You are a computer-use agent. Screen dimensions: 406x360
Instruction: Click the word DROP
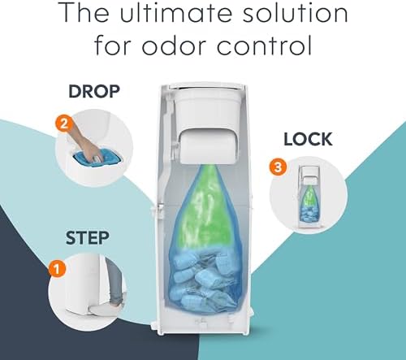pyautogui.click(x=94, y=92)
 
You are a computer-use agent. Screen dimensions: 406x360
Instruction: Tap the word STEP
pyautogui.click(x=87, y=238)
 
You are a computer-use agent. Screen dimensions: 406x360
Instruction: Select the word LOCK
pyautogui.click(x=308, y=139)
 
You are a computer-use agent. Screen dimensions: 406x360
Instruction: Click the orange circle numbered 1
pyautogui.click(x=58, y=269)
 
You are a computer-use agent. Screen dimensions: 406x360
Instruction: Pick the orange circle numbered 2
pyautogui.click(x=64, y=124)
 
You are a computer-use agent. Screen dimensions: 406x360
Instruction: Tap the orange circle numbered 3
pyautogui.click(x=278, y=167)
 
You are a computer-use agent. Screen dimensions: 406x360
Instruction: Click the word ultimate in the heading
pyautogui.click(x=175, y=13)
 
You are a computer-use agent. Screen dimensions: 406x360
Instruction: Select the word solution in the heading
pyautogui.click(x=295, y=13)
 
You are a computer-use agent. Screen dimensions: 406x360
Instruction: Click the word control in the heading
pyautogui.click(x=264, y=45)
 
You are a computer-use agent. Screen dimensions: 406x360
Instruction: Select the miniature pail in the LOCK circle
pyautogui.click(x=309, y=197)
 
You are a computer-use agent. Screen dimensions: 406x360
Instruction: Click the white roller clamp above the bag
pyautogui.click(x=207, y=146)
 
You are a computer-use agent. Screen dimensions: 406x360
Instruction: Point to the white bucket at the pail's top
pyautogui.click(x=207, y=108)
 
